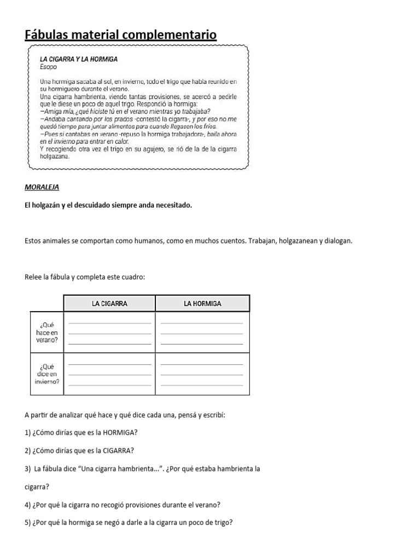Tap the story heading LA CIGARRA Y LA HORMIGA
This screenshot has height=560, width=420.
(x=79, y=59)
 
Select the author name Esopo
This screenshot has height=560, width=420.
(x=48, y=67)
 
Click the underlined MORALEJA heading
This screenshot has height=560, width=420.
(x=42, y=187)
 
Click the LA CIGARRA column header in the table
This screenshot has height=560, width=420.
(x=109, y=304)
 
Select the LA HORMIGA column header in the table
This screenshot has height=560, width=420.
(x=203, y=304)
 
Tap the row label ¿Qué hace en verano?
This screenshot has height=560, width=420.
(x=46, y=332)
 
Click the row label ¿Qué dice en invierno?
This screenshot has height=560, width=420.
(x=46, y=374)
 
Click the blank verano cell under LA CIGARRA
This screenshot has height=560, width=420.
(x=109, y=332)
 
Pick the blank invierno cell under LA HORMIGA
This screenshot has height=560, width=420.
(x=202, y=374)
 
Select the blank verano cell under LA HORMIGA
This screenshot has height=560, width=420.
(x=202, y=332)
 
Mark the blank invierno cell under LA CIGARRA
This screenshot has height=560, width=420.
(x=109, y=374)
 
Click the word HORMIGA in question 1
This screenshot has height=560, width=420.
(x=118, y=433)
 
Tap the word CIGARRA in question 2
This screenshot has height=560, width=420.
(x=117, y=451)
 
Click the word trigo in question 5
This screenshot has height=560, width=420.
(x=220, y=522)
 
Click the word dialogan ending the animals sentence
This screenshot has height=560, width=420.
(x=339, y=241)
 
